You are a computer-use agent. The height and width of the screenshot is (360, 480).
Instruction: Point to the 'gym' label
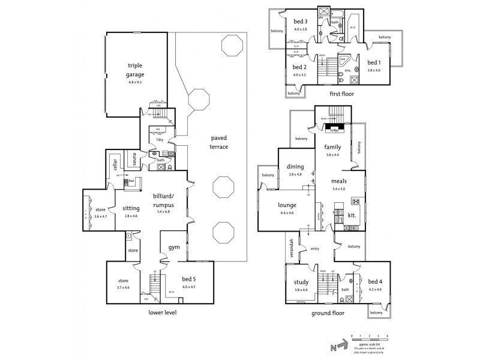(x=174, y=247)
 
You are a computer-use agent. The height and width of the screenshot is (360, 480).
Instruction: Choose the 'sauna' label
(x=134, y=159)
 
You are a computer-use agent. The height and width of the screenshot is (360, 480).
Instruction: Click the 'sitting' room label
(x=131, y=208)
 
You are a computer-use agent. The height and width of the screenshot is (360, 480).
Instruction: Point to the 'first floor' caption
(x=341, y=94)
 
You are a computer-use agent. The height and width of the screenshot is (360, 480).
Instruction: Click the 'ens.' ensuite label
(x=347, y=70)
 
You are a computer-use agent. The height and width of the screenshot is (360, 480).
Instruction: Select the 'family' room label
(x=332, y=147)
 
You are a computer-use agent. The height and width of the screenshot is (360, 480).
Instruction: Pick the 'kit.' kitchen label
(x=352, y=214)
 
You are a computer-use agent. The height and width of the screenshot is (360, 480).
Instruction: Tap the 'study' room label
(x=301, y=283)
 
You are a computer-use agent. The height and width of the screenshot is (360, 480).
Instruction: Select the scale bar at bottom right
(x=370, y=340)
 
